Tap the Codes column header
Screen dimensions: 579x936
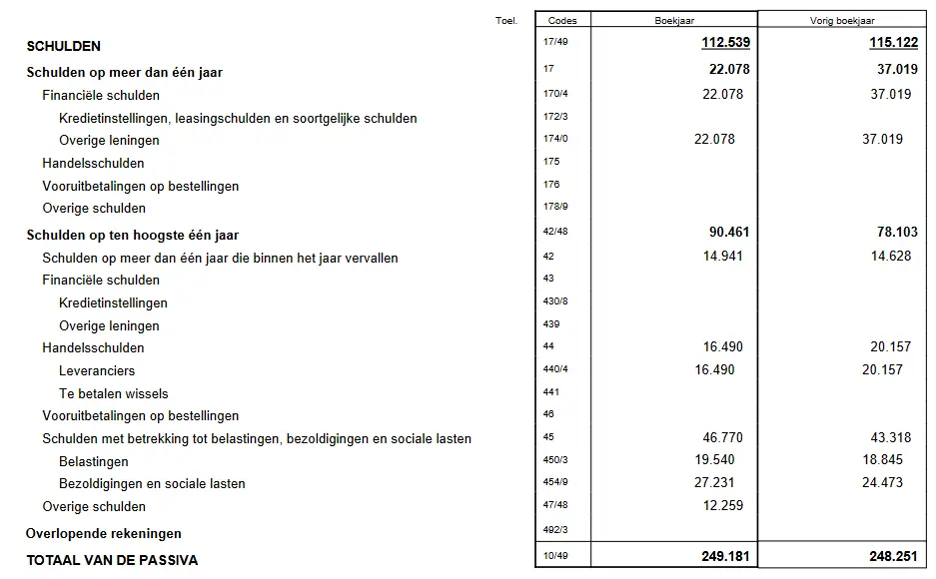click(x=562, y=20)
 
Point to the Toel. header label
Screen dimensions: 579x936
click(x=505, y=20)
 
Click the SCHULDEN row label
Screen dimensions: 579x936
click(x=63, y=46)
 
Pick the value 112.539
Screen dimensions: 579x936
click(x=726, y=43)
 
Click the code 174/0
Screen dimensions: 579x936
click(x=554, y=140)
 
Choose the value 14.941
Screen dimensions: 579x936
click(x=726, y=257)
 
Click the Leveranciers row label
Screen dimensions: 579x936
click(x=97, y=370)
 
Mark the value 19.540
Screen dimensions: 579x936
click(x=726, y=461)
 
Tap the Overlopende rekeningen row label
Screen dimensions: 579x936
click(x=104, y=533)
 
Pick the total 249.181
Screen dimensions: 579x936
click(x=726, y=556)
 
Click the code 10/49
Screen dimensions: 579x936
click(x=554, y=556)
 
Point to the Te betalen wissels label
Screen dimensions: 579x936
click(x=114, y=393)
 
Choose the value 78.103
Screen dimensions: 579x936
click(x=894, y=233)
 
